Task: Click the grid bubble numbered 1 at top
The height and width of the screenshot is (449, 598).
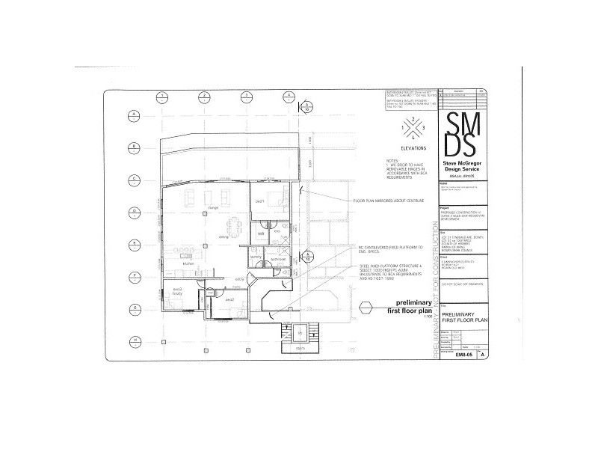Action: tap(160, 97)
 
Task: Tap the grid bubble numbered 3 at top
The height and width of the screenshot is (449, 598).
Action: tap(245, 97)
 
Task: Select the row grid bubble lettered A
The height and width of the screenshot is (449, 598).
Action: tap(133, 114)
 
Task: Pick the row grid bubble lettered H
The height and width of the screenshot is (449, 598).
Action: tap(133, 340)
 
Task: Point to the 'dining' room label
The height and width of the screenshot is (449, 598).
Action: tap(223, 237)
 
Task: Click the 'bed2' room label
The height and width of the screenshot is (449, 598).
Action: tap(229, 299)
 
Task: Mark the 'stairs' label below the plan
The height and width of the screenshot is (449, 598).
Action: tap(300, 348)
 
